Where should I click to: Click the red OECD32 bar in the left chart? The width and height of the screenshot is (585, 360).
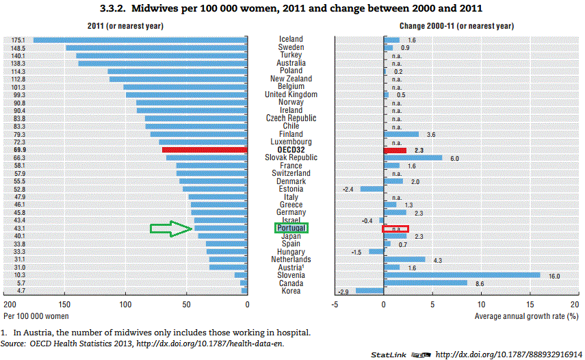[205, 149]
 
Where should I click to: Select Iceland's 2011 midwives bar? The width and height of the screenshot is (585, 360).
[140, 40]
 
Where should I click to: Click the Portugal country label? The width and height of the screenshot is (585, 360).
[291, 228]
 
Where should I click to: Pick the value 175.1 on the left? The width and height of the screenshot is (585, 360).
[18, 40]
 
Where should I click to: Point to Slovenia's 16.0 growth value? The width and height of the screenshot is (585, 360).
[554, 275]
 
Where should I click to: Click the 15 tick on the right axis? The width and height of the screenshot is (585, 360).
[529, 304]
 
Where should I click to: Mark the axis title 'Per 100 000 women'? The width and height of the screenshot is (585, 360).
[37, 316]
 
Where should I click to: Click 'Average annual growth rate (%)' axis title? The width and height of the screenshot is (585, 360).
[527, 316]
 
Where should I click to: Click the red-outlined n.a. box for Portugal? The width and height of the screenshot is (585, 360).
[395, 229]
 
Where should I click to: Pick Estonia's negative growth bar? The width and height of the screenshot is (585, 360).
[372, 189]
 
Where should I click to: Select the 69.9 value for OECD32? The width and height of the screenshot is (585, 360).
[18, 149]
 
